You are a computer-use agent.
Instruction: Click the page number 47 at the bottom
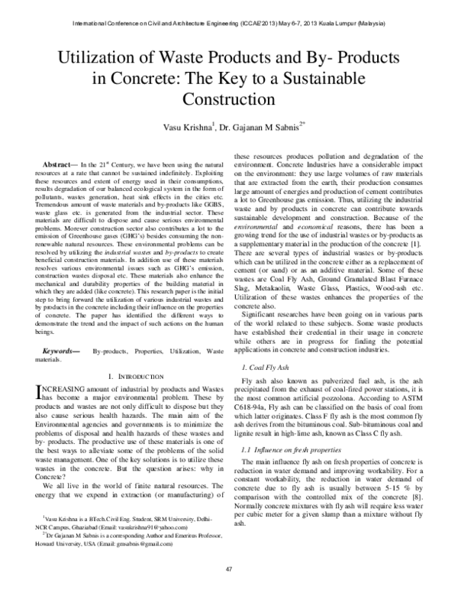(228, 569)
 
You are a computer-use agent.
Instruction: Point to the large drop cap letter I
(40, 393)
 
